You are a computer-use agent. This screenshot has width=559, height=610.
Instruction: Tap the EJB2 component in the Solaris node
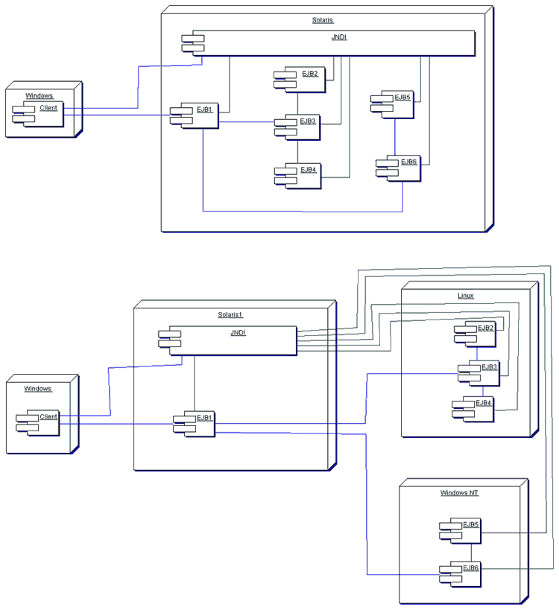(302, 80)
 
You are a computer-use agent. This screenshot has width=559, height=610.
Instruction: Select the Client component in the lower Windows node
(42, 422)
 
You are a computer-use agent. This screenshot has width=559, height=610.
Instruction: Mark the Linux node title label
(465, 296)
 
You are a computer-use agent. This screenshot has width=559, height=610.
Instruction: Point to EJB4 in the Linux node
(476, 409)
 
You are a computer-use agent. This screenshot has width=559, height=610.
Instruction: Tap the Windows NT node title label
(460, 493)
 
